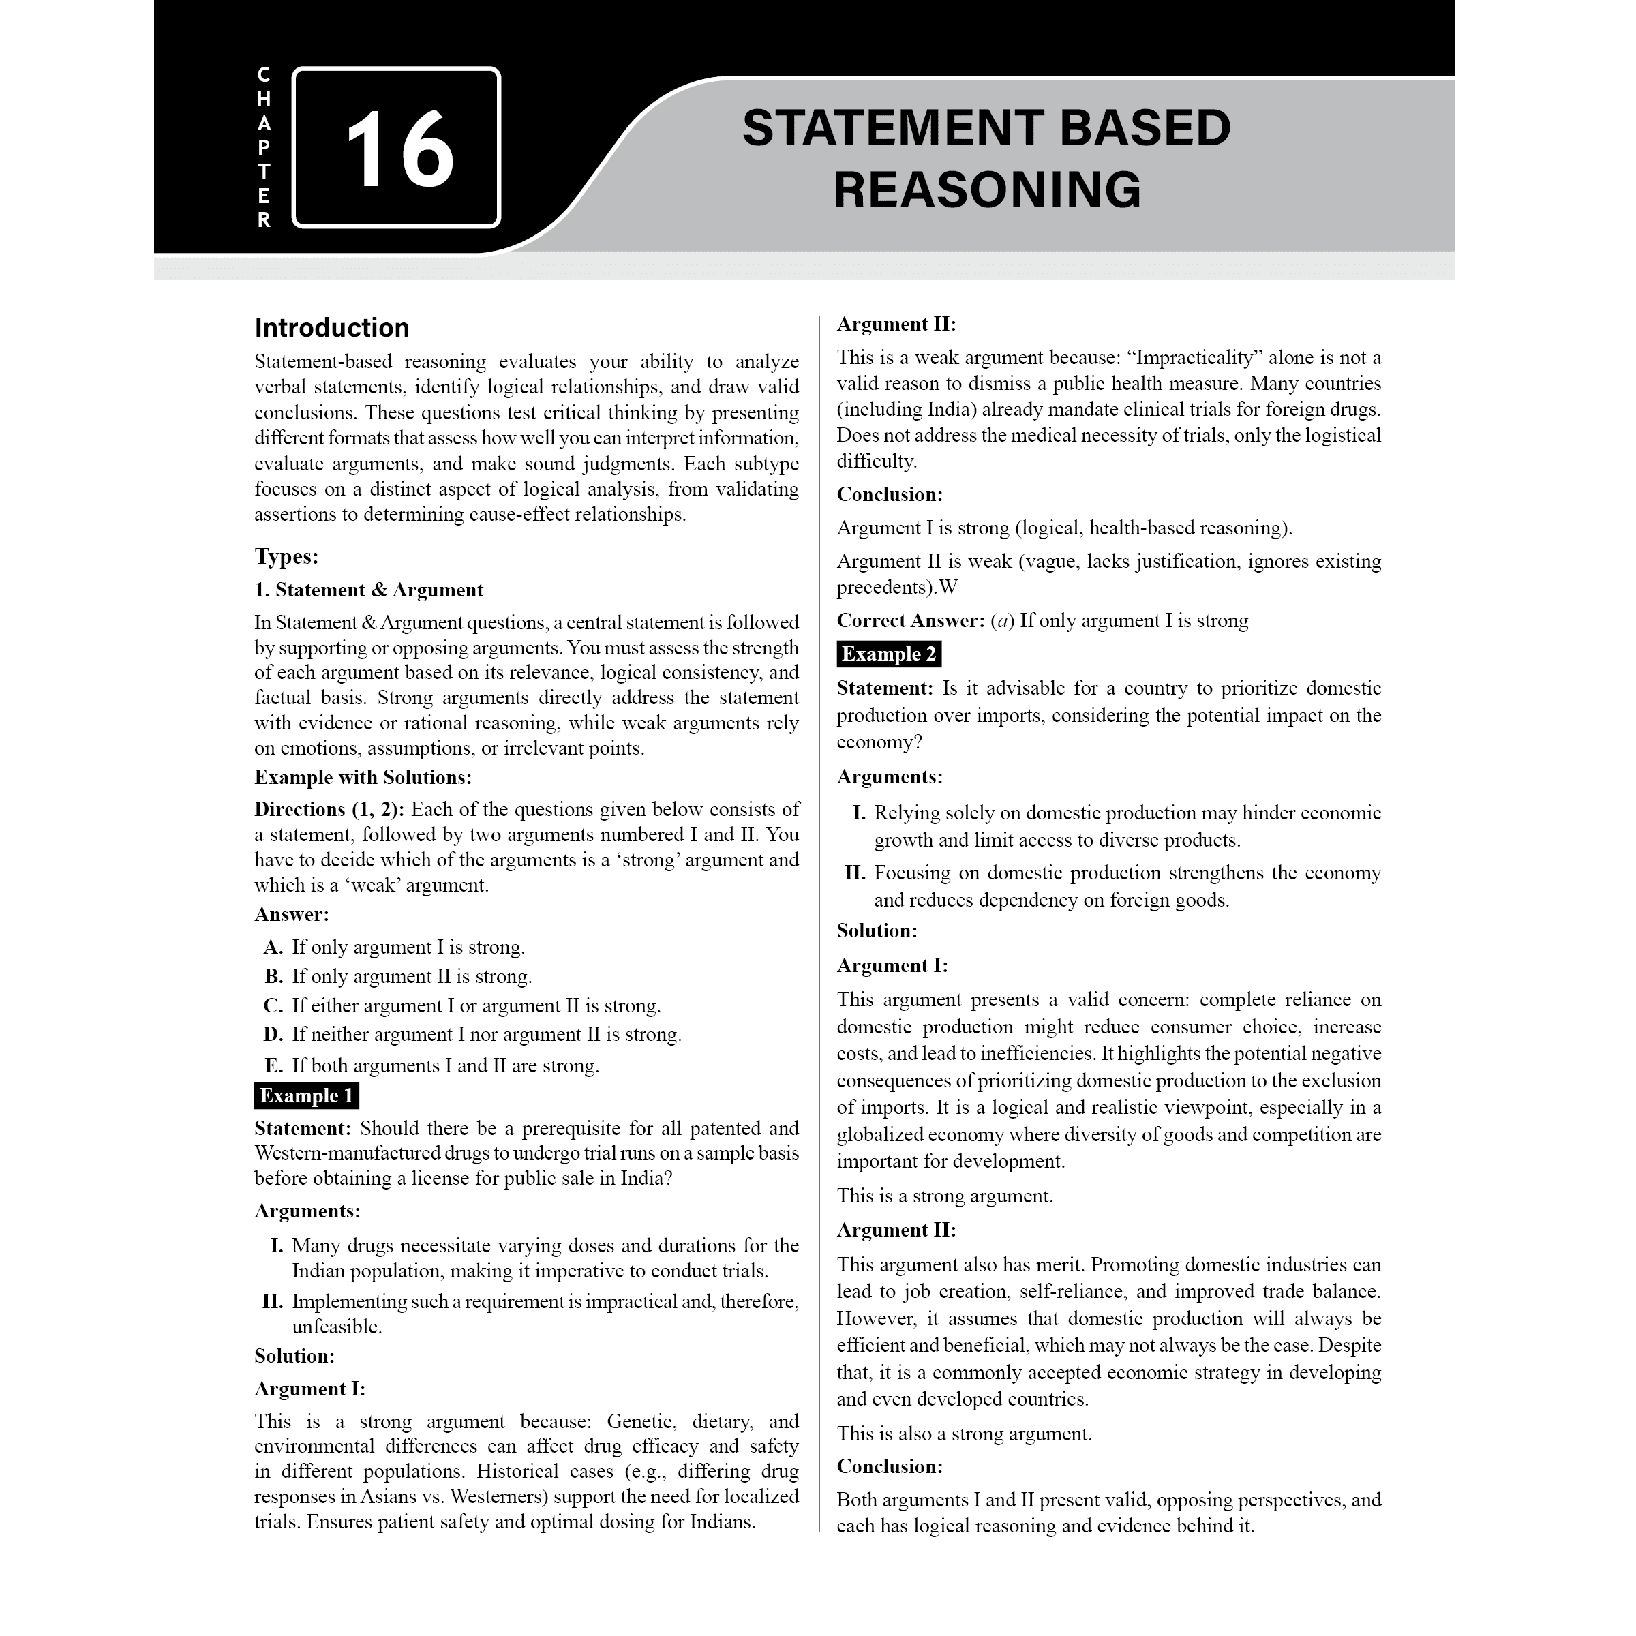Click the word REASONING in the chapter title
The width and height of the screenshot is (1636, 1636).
point(986,190)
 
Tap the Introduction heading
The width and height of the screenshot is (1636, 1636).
point(331,328)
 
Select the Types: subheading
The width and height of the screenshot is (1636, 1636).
point(286,556)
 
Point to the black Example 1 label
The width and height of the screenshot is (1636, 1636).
point(305,1095)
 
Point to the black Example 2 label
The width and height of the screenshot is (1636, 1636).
point(888,654)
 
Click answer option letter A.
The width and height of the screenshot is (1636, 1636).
point(273,947)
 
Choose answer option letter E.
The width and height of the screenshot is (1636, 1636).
point(273,1065)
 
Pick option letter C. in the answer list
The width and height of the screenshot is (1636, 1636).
point(273,1006)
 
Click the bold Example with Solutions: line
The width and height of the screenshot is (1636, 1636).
point(363,776)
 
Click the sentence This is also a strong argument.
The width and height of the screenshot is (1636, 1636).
point(964,1434)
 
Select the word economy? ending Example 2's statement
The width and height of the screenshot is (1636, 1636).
point(879,742)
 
